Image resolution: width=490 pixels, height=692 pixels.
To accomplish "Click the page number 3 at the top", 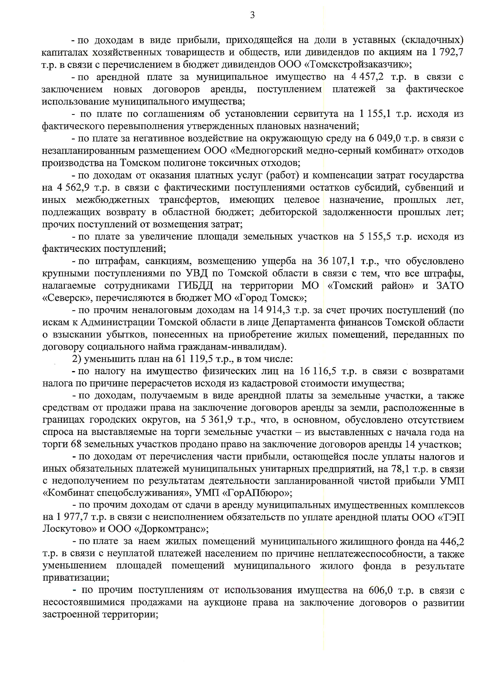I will pyautogui.click(x=252, y=15).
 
